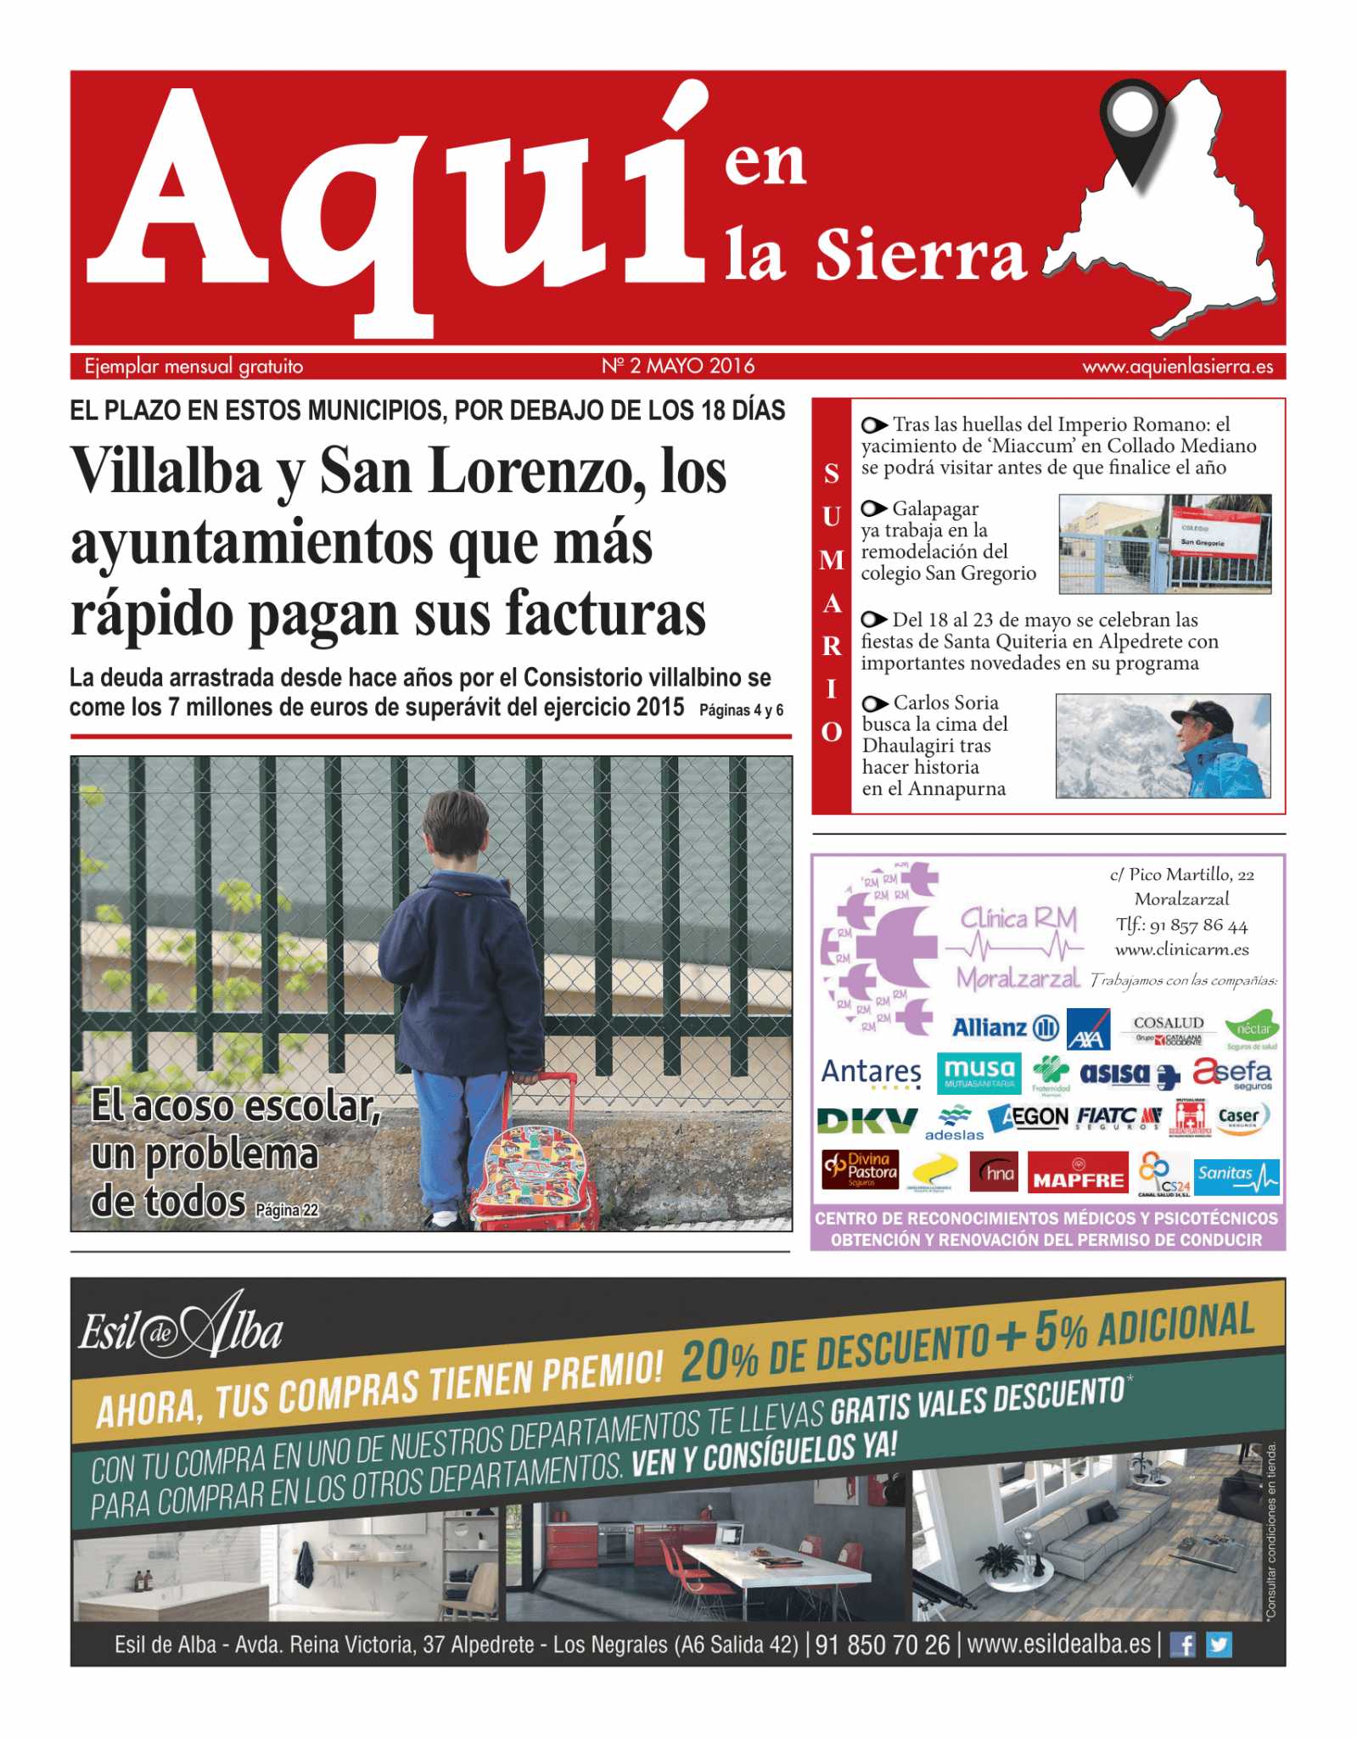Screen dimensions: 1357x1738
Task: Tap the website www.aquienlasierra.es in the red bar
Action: [1177, 367]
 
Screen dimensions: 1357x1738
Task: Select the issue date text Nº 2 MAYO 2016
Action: [678, 366]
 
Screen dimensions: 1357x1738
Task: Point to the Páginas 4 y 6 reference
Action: [741, 710]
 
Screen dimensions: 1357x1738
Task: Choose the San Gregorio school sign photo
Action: [1164, 543]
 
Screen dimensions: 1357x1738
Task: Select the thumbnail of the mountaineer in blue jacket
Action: [1163, 745]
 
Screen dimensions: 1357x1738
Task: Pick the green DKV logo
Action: [866, 1121]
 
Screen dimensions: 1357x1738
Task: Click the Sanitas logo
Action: [1236, 1175]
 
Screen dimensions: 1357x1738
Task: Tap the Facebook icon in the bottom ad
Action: [1182, 1645]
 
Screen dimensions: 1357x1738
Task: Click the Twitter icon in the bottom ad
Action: [1219, 1645]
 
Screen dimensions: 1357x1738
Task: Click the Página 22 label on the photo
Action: [287, 1209]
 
